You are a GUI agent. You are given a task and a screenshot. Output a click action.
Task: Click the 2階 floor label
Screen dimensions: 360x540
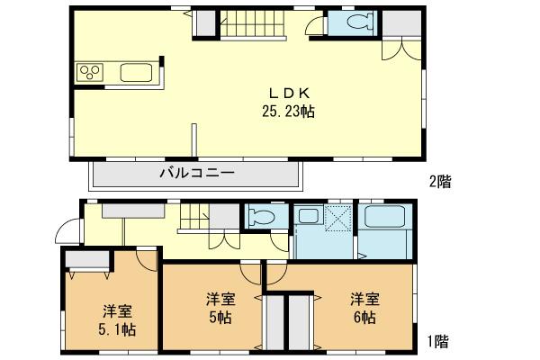coord(439,181)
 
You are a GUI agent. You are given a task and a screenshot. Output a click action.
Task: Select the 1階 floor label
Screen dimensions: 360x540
coord(439,341)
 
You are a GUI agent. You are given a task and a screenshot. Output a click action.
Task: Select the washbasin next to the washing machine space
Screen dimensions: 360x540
coord(309,216)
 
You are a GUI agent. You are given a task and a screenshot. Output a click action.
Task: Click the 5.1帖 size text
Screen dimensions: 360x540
coord(117,328)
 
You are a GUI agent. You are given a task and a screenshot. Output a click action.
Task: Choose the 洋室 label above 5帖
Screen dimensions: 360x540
coord(220,299)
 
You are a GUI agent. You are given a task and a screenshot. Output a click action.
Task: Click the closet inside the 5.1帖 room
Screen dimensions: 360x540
coord(87,259)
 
